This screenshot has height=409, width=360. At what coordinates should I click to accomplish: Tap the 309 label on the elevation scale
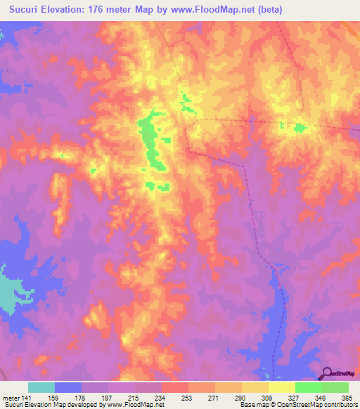tap(268, 398)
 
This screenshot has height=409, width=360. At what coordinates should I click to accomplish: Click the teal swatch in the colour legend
tap(41, 387)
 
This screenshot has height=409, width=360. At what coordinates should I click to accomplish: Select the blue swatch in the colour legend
tap(68, 387)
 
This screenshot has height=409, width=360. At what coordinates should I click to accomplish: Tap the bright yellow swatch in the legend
tap(281, 387)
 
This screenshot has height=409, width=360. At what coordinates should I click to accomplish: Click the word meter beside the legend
tap(11, 398)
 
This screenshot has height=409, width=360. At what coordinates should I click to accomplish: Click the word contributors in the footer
tap(340, 405)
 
